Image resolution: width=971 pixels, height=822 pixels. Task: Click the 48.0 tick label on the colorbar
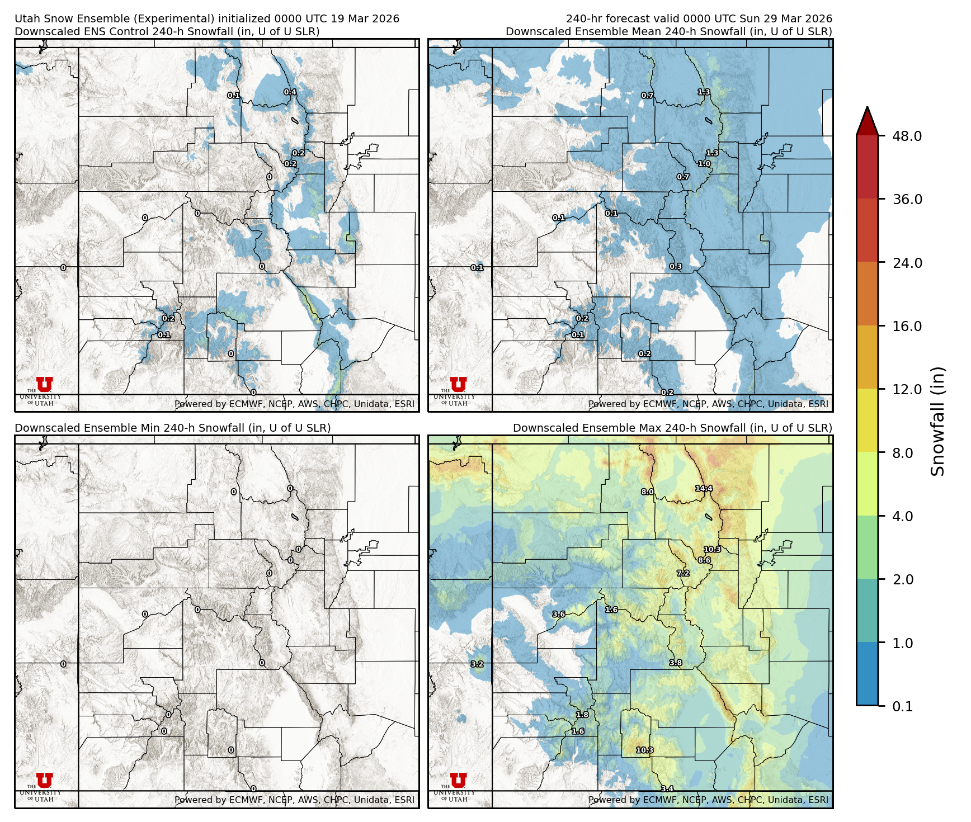907,136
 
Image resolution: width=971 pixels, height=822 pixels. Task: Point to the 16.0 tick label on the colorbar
907,326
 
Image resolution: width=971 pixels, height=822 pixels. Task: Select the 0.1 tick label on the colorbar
902,706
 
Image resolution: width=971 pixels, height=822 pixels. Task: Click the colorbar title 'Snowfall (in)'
938,421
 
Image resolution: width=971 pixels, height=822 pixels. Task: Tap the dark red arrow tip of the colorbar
867,119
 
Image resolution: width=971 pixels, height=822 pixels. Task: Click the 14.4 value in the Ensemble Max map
704,488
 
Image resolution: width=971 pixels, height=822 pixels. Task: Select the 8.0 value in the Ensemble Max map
647,492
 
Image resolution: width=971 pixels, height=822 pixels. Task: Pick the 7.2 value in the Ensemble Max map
683,573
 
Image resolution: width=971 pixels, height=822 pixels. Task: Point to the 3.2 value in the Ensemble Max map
477,664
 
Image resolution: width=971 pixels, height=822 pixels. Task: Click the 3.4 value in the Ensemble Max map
667,789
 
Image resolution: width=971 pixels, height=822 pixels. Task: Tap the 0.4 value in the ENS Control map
290,92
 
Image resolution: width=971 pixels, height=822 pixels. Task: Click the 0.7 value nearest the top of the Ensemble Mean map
647,96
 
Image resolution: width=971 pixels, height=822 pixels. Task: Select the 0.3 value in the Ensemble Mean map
676,267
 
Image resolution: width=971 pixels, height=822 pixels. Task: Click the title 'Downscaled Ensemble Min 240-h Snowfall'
172,428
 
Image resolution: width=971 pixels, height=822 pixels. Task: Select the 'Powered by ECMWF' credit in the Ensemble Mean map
708,404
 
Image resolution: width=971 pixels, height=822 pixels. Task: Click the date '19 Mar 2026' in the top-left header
365,18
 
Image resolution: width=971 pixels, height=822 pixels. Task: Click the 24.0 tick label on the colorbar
907,263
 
